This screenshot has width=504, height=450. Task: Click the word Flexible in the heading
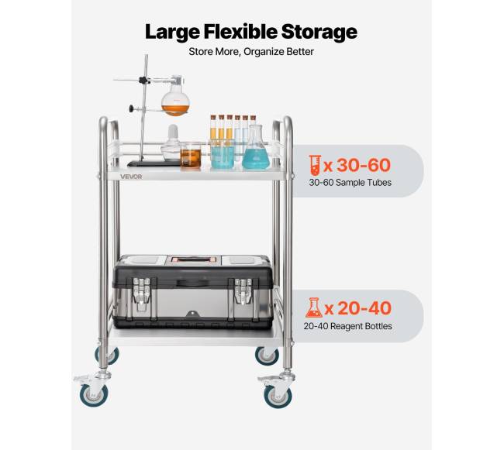point(240,32)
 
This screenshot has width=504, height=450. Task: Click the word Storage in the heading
point(319,33)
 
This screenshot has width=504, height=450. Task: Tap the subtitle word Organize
point(263,52)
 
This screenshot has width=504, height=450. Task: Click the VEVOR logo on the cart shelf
point(131,177)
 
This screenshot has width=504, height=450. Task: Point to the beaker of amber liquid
point(191,155)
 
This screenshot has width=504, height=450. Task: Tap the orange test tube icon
point(315,165)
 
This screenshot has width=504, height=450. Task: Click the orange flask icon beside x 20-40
point(313,307)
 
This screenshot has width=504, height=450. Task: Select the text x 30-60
point(357,165)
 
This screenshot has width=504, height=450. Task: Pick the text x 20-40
point(358,307)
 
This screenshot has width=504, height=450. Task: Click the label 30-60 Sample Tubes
point(350,183)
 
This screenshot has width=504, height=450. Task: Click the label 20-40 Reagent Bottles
point(348,326)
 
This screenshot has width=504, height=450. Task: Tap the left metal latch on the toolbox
point(142,293)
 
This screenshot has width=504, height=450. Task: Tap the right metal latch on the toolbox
point(243,290)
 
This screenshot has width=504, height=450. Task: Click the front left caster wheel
point(94,395)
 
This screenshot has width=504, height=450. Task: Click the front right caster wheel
point(278,397)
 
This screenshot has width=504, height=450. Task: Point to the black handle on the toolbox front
point(192,283)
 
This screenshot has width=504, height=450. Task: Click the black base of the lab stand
point(154,163)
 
